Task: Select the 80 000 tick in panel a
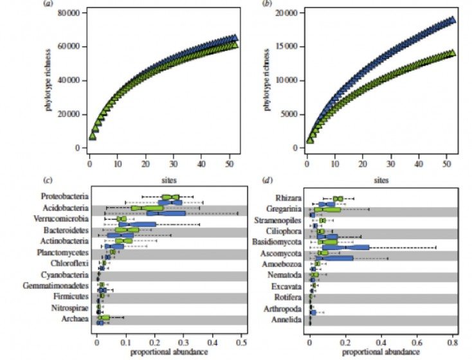tap(69, 13)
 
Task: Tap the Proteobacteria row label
tap(66, 196)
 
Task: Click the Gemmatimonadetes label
tap(59, 285)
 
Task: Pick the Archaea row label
tap(75, 318)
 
